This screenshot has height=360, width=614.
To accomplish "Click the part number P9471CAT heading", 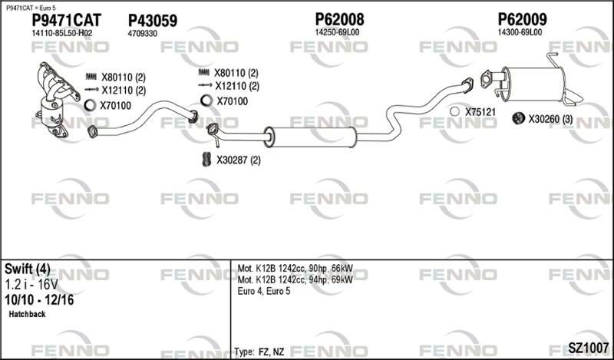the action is coord(66,21).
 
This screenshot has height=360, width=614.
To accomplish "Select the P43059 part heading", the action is coord(153,21).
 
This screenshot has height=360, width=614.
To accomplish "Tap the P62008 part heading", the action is coord(339,20).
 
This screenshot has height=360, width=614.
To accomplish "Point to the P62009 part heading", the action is coord(523,20).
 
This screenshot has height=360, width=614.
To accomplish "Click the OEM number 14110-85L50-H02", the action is coord(62,33).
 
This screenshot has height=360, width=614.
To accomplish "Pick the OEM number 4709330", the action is coord(143,34).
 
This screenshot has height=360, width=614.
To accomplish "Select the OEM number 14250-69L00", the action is coord(337,32).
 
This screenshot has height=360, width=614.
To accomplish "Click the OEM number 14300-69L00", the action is coord(520,32).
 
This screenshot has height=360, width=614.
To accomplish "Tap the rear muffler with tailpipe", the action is coord(532,81).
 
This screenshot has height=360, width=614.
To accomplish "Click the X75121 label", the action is coord(480,112).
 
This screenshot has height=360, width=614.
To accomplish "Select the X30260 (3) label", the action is coord(550,119).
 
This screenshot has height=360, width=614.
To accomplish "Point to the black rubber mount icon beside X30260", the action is coord(519,118).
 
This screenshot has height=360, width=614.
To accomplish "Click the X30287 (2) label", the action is coord(239,160).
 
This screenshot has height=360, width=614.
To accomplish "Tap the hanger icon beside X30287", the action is coord(206,159).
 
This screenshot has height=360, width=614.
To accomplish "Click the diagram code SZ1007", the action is coord(589,347).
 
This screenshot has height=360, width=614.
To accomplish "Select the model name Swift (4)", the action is coord(28,269).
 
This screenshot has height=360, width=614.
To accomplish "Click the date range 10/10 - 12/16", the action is coord(39,300).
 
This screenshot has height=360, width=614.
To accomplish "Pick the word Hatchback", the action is coord(27,314).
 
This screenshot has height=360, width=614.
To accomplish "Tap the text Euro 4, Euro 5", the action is coord(264,292).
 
